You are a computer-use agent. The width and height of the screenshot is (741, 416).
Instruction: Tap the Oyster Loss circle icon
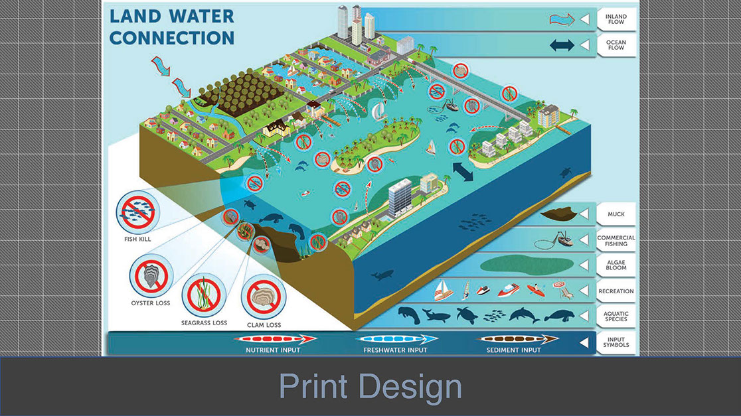151,277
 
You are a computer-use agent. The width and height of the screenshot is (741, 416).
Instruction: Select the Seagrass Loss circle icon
203,296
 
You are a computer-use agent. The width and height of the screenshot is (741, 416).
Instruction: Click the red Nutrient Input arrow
276,339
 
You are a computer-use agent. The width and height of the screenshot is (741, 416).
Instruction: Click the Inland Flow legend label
616,19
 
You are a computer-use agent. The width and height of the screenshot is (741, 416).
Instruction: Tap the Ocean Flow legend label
616,44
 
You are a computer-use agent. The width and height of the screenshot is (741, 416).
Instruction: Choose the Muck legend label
616,214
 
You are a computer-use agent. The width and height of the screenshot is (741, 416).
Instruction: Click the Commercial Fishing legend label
616,241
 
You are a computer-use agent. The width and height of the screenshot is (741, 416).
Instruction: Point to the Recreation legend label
616,291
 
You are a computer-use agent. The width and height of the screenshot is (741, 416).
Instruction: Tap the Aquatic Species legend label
616,316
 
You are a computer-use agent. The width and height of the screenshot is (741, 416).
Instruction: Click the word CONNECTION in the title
172,38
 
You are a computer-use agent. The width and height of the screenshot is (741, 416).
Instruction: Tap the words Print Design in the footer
370,387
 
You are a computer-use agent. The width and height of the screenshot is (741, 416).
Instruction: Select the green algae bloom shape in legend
527,264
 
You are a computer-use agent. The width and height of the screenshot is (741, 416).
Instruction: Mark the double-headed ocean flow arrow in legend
561,45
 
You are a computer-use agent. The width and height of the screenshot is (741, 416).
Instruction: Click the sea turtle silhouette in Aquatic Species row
467,314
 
